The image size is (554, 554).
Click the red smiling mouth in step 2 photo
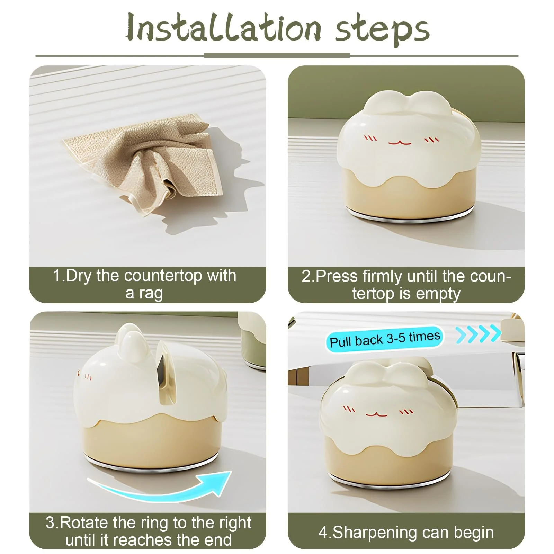[399, 142]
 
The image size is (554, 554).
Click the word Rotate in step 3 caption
[83, 522]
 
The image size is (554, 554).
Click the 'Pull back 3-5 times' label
[384, 339]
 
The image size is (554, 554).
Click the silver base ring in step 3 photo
[152, 465]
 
